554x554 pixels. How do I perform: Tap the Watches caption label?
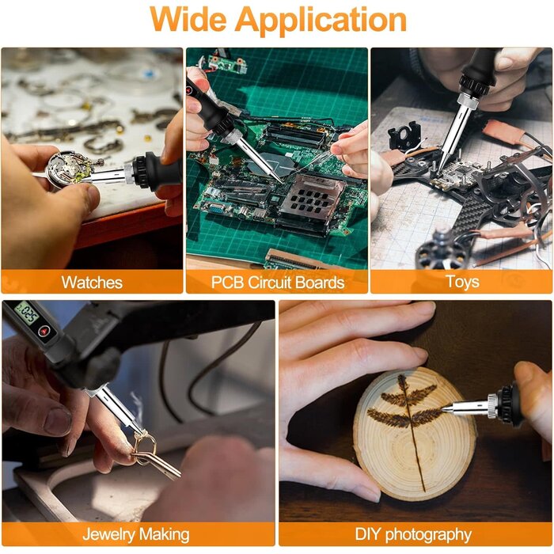pyautogui.click(x=92, y=282)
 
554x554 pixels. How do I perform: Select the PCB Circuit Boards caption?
pyautogui.click(x=277, y=282)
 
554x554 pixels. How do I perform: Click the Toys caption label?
pyautogui.click(x=461, y=282)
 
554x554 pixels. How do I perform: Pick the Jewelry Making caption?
pyautogui.click(x=137, y=534)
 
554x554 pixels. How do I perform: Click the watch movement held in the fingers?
pyautogui.click(x=66, y=167)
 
